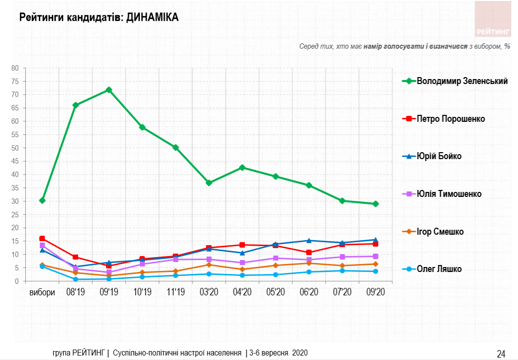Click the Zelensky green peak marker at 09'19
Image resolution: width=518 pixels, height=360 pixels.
[x=109, y=90]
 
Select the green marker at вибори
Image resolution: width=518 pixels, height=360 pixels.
[x=42, y=200]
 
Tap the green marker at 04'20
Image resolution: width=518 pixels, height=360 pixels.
[x=242, y=168]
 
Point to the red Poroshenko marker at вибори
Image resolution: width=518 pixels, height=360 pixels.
[x=42, y=239]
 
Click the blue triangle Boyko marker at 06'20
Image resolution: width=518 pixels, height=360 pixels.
[x=309, y=241]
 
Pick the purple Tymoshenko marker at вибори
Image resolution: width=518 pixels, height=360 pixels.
[x=42, y=245]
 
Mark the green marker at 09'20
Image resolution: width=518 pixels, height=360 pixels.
[x=376, y=204]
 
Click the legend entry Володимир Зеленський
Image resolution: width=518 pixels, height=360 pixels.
[x=462, y=81]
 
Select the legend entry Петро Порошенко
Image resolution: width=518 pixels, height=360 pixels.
[x=450, y=119]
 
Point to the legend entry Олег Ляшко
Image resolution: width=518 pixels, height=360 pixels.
[x=439, y=269]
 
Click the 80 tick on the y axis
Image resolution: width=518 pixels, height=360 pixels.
[x=15, y=68]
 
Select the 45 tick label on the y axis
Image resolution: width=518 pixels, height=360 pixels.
[x=15, y=161]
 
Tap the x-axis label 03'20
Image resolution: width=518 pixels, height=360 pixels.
[x=209, y=292]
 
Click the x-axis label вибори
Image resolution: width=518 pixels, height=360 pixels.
[x=42, y=292]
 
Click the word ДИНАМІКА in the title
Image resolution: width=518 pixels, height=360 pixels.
[x=152, y=17]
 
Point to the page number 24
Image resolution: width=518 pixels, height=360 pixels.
[x=501, y=354]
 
